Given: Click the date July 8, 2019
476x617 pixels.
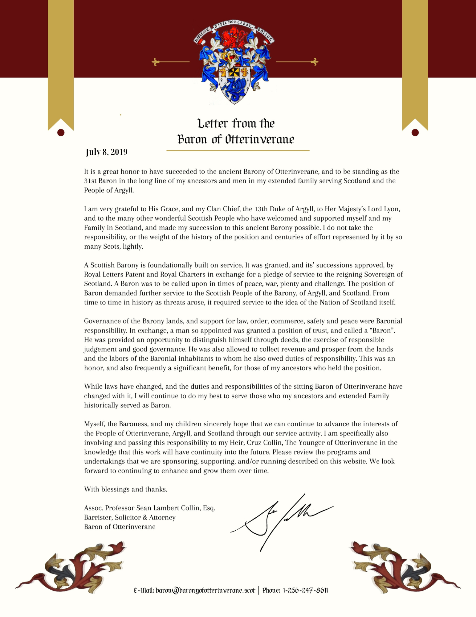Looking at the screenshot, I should [106, 152].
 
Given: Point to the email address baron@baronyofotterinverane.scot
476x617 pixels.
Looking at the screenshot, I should [205, 590].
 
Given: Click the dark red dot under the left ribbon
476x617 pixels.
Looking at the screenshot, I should [61, 133].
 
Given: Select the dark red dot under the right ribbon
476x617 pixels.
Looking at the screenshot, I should [415, 133].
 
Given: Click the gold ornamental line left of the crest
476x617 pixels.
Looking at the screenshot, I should [171, 62].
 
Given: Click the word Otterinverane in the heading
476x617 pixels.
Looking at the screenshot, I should [260, 139].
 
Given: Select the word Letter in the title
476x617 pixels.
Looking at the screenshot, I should [213, 123].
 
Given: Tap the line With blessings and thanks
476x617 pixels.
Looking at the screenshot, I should [126, 489].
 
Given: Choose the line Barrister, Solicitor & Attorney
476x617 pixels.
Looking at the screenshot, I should [130, 517].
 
